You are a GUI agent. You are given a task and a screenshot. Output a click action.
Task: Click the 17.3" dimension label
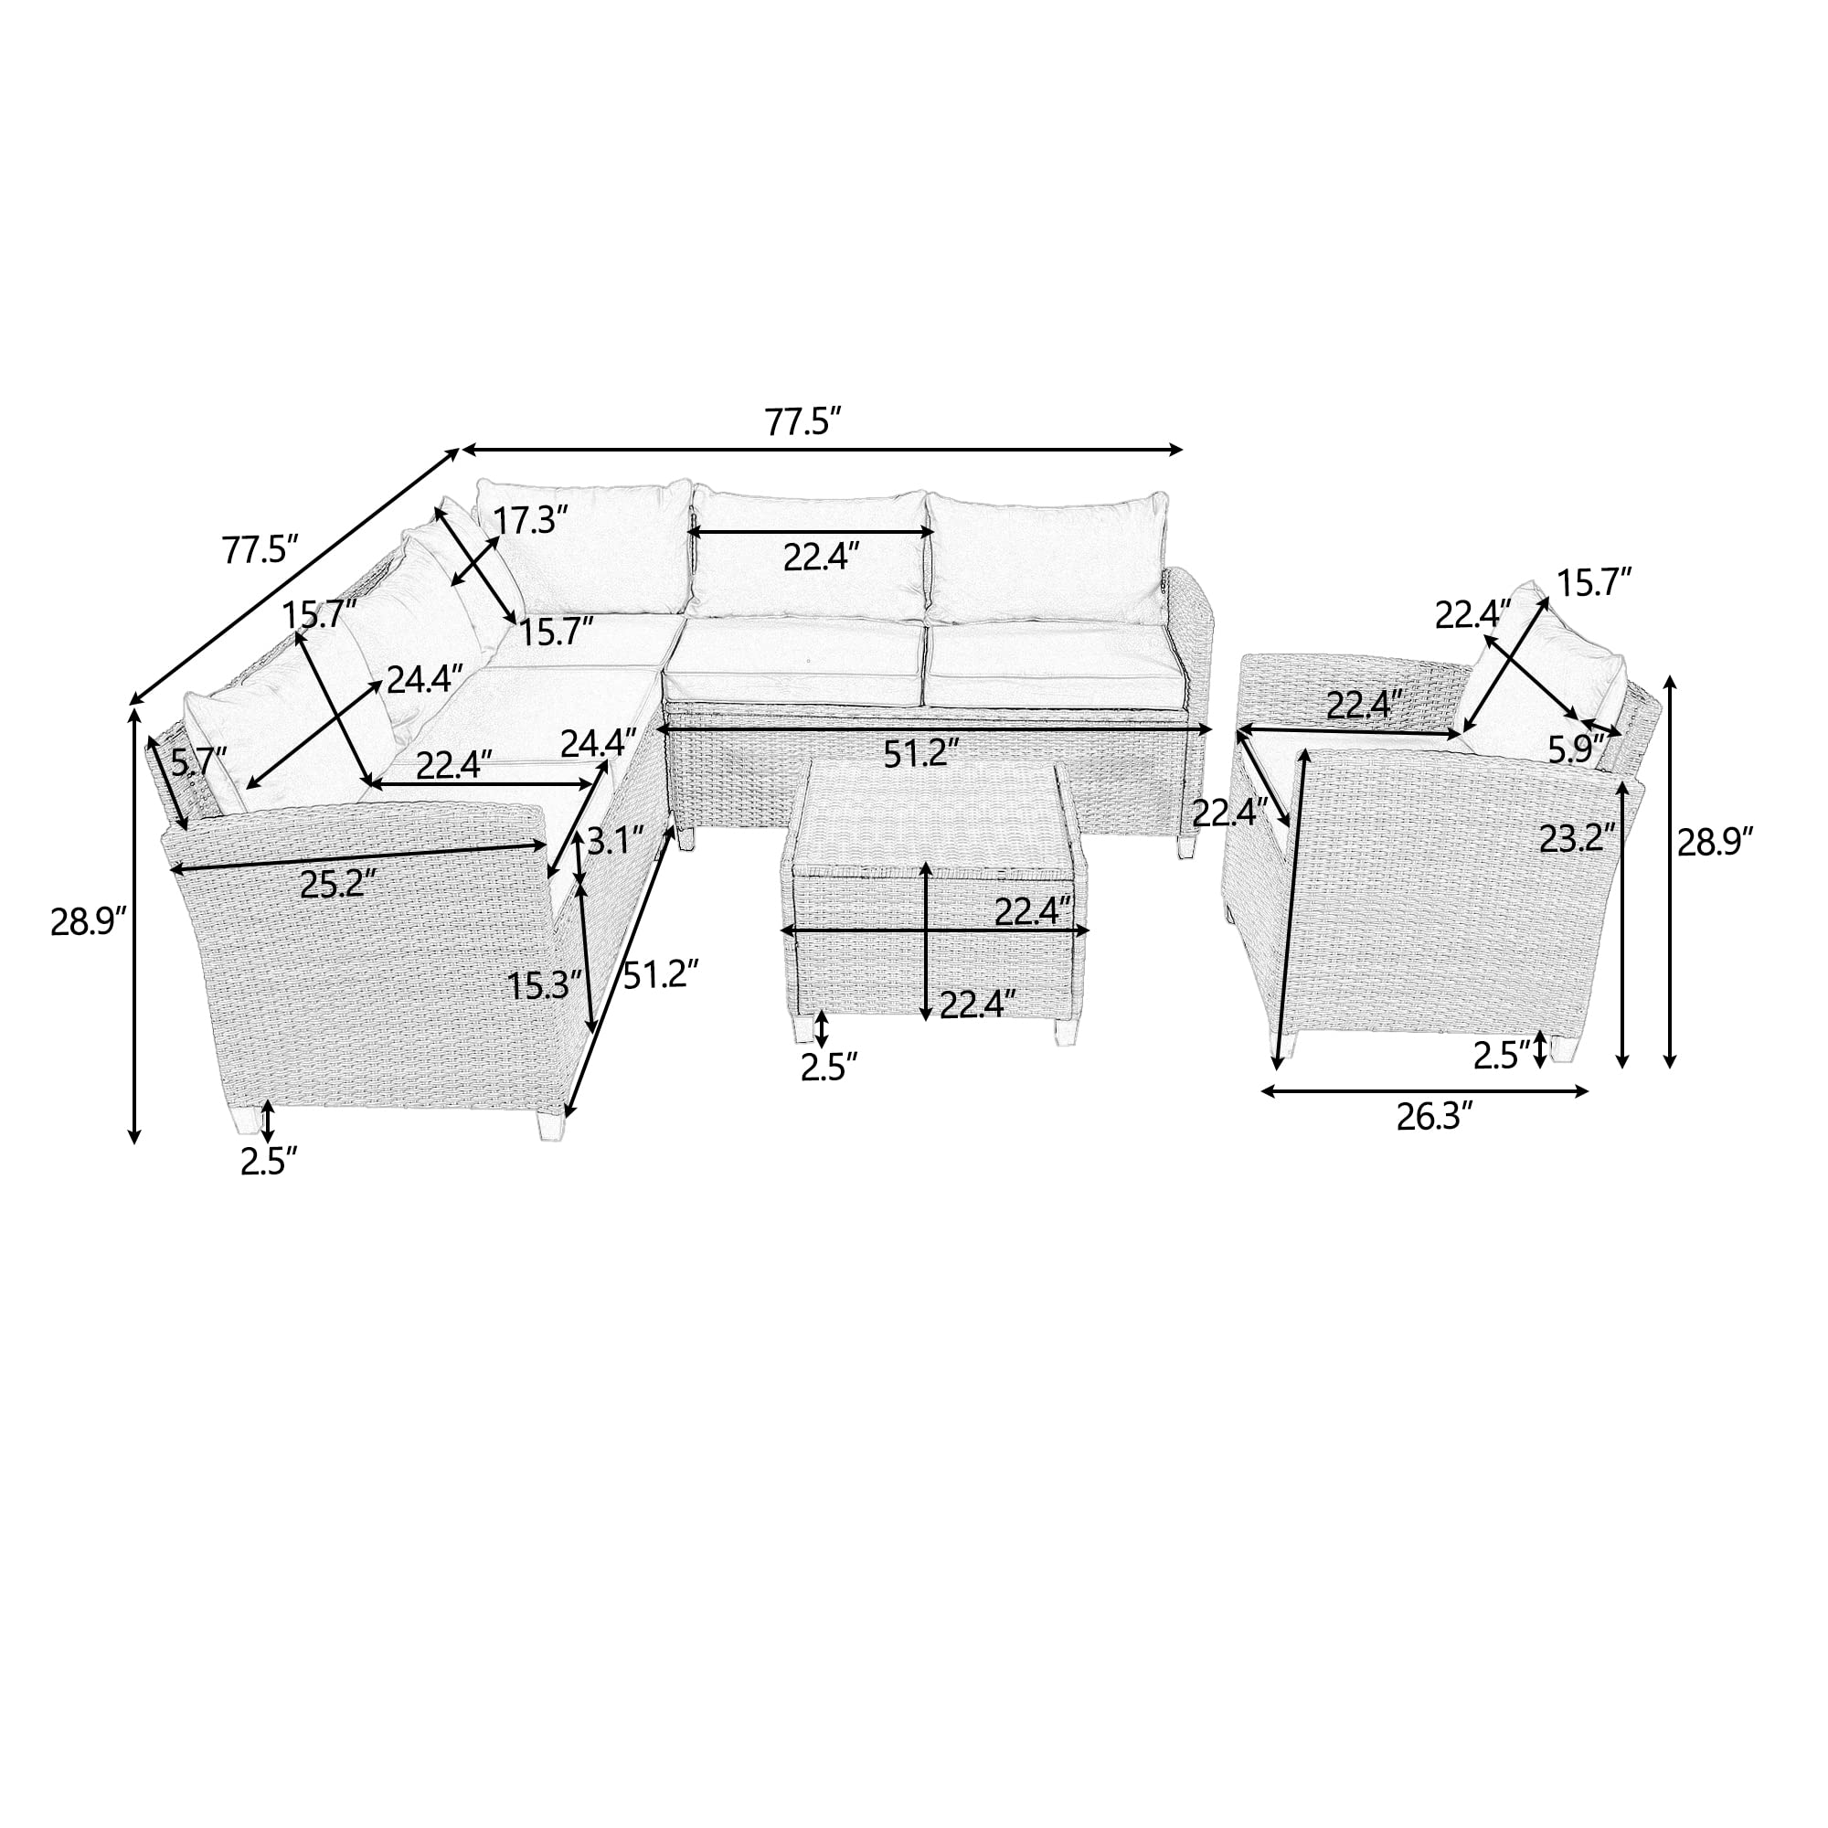pyautogui.click(x=532, y=519)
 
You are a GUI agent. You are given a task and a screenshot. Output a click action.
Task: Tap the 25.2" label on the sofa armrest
pyautogui.click(x=338, y=884)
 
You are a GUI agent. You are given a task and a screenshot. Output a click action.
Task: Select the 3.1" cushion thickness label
pyautogui.click(x=615, y=839)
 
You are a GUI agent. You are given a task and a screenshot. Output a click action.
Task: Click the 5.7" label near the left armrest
pyautogui.click(x=199, y=759)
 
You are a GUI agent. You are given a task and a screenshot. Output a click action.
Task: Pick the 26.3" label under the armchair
pyautogui.click(x=1435, y=1118)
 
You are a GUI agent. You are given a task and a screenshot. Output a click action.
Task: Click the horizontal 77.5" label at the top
pyautogui.click(x=803, y=422)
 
